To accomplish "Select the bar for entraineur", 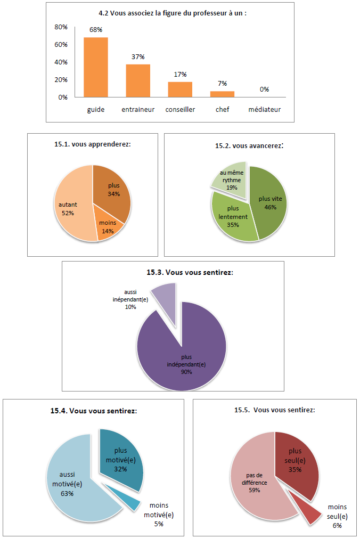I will point(138,80).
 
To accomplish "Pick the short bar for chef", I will point(222,94).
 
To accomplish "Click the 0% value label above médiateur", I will point(264,89).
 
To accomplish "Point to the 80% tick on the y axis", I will point(61,27).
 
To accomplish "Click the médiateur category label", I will point(264,110).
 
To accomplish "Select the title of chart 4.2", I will point(177,14).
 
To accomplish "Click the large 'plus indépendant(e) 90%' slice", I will point(181,357).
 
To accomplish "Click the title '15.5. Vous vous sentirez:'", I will point(274,410).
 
